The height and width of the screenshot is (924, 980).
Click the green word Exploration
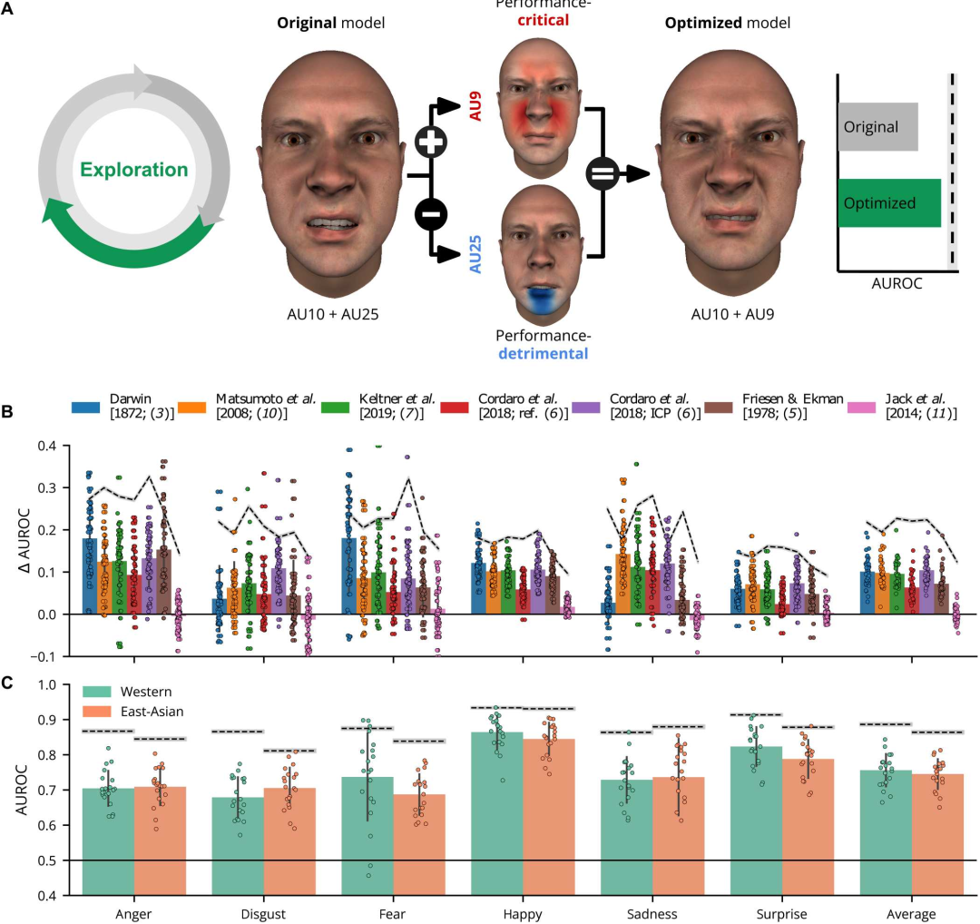(133, 170)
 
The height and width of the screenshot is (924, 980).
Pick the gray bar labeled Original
(877, 127)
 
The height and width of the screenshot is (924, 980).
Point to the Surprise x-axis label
(781, 912)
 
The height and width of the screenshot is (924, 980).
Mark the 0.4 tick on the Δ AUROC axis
(58, 446)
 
